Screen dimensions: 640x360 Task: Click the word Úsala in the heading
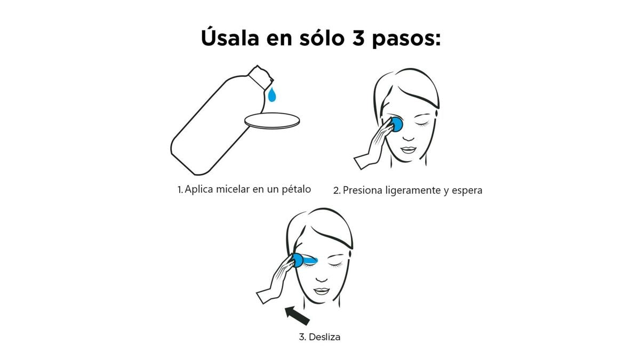point(230,37)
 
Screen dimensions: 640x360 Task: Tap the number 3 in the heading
point(358,38)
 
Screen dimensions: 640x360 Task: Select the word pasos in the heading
point(406,39)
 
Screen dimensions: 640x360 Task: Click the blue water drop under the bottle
point(271,94)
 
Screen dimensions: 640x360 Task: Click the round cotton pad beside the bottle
point(272,121)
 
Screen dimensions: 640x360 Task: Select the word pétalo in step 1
point(297,189)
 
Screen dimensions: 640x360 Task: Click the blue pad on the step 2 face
point(397,125)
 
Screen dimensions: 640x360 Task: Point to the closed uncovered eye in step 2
point(422,124)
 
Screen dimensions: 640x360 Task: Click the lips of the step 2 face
point(409,150)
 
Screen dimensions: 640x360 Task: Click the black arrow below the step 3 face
point(297,315)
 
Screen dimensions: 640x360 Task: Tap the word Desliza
point(325,337)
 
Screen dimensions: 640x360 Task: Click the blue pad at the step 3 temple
point(298,260)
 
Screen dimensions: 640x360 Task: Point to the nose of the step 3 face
point(322,278)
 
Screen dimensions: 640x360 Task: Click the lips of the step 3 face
point(322,291)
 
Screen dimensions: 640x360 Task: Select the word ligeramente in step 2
point(413,191)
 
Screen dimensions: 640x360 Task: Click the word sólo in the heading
point(322,37)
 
